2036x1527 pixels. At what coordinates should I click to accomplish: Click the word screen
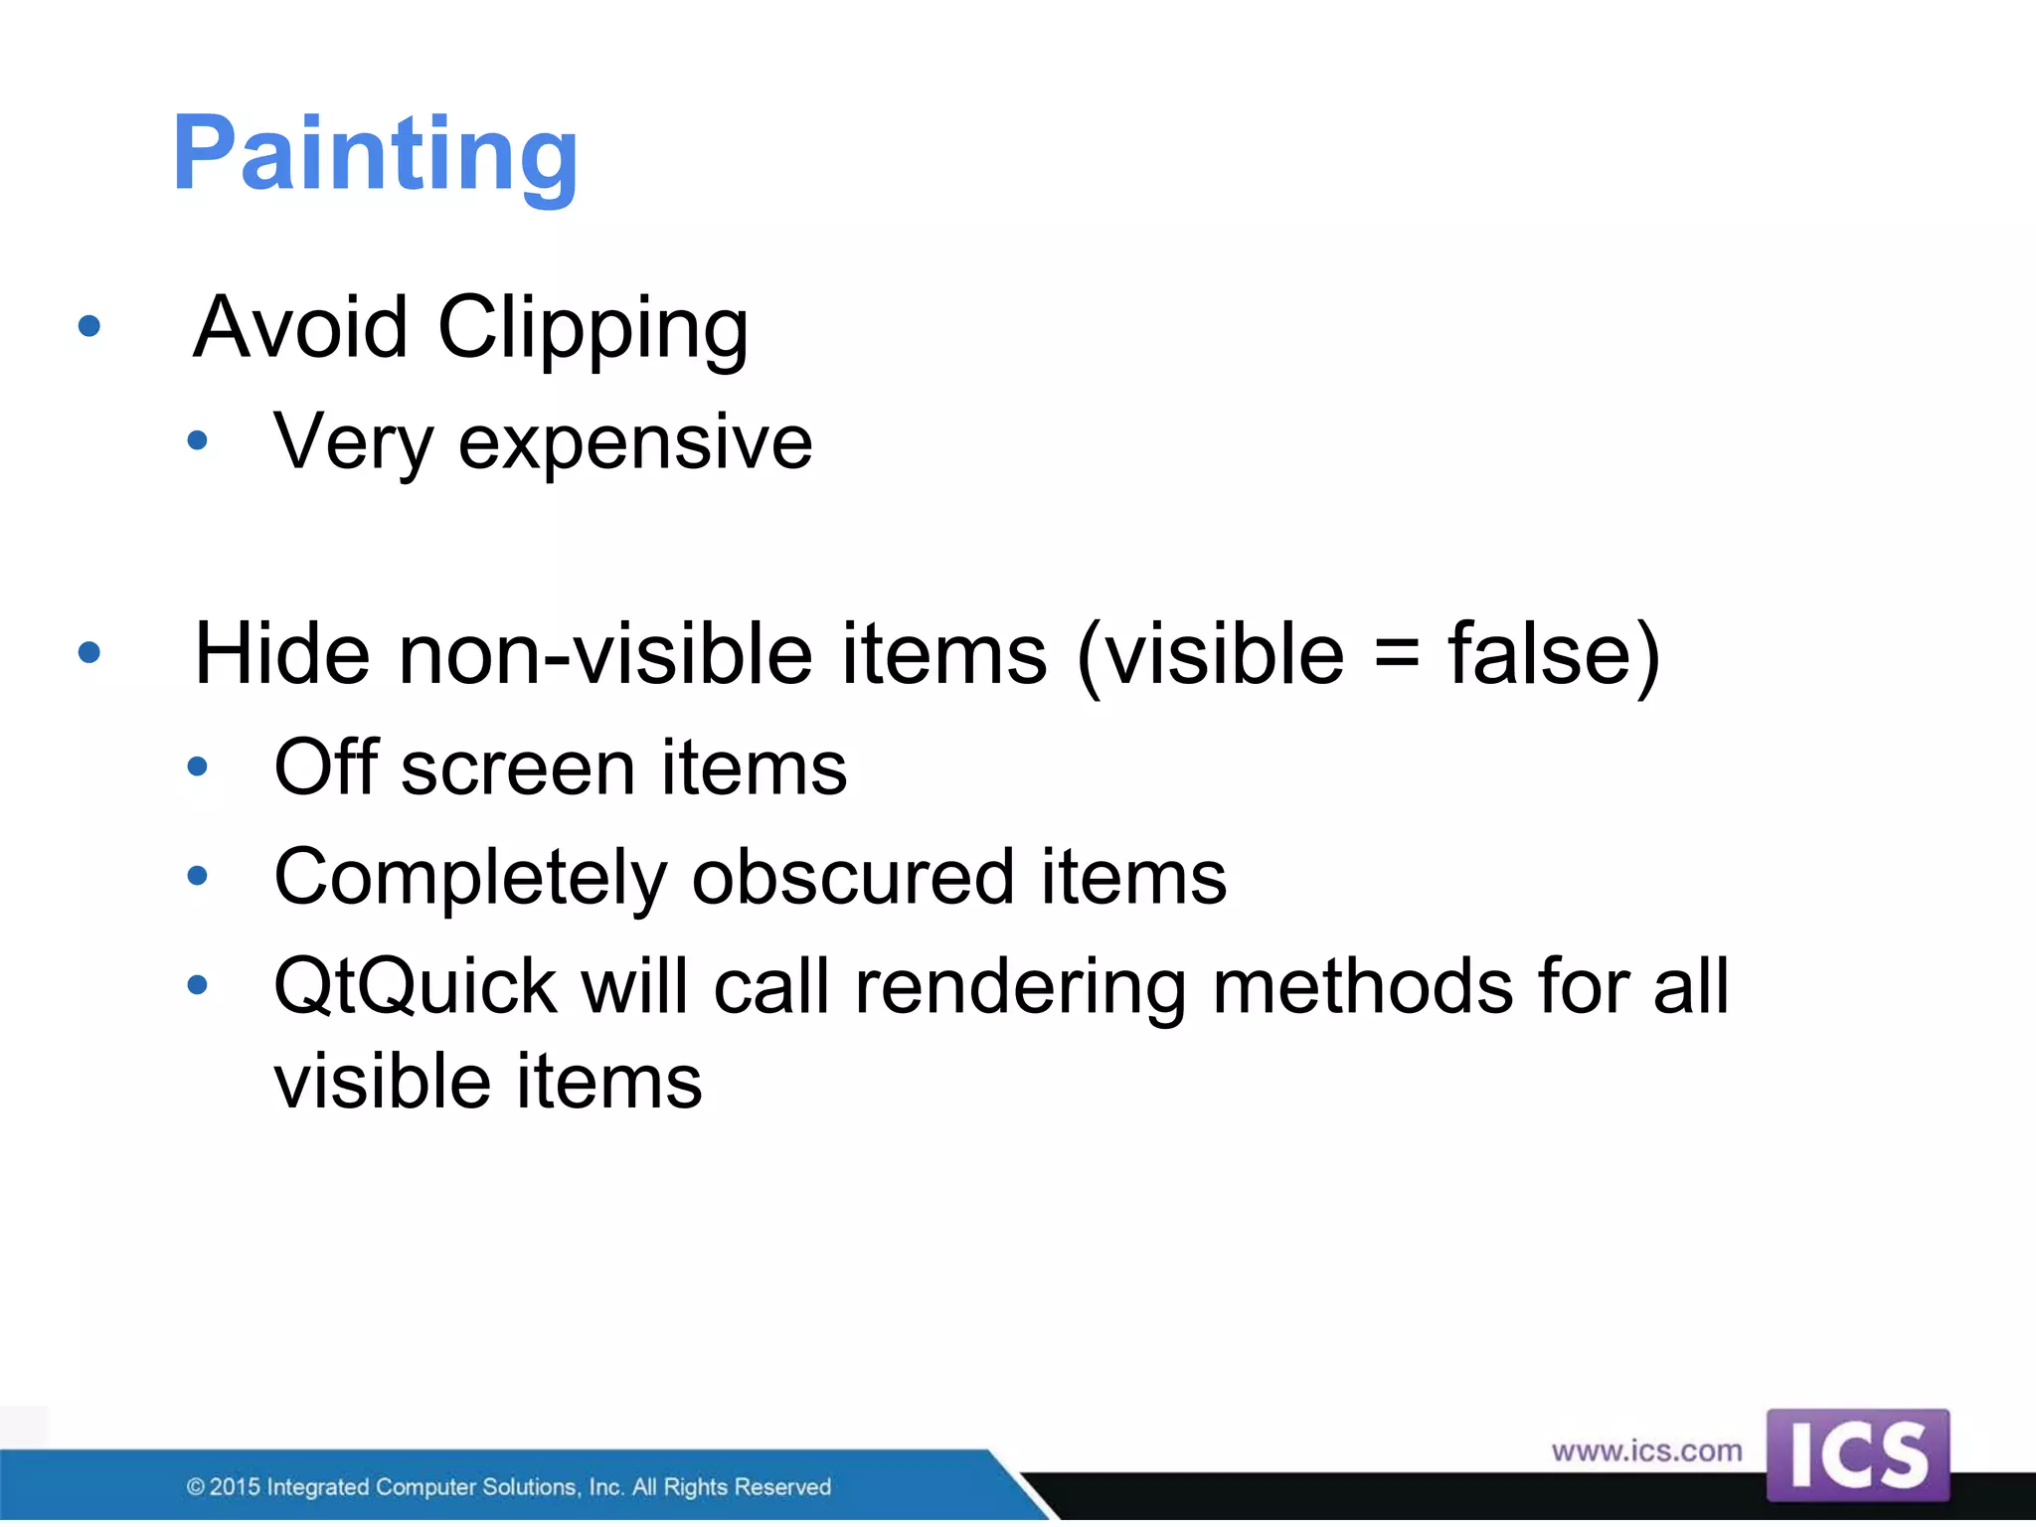tap(516, 770)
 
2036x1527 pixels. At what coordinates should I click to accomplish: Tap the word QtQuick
tap(415, 987)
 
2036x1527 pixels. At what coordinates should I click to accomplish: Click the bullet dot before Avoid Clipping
tap(89, 326)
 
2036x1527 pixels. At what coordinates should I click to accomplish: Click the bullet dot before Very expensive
tap(197, 440)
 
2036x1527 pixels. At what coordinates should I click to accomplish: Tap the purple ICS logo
tap(1857, 1454)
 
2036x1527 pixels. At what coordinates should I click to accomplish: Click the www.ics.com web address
tap(1646, 1450)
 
